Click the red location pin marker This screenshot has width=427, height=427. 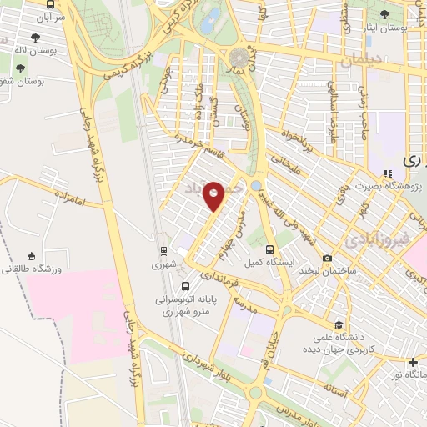214,194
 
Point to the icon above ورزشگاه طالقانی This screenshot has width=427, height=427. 31,256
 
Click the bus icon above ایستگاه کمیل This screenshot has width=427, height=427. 269,249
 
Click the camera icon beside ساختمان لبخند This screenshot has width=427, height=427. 327,259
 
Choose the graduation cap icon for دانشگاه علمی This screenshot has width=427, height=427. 338,324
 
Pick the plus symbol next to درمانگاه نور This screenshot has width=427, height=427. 413,362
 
